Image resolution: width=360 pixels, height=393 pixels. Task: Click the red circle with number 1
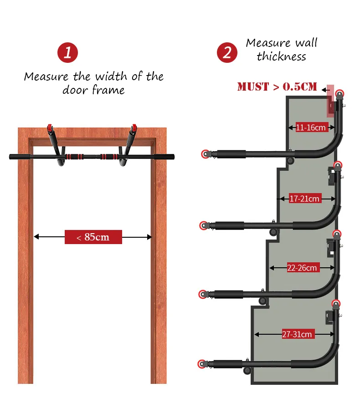[67, 52]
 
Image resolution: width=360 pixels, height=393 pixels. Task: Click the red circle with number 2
[227, 52]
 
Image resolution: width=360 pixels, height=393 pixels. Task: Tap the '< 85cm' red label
[93, 237]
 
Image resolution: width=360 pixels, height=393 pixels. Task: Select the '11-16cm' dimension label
[311, 128]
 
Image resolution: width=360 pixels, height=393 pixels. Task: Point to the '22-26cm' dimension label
[302, 268]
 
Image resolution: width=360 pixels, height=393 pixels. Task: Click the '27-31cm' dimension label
[297, 334]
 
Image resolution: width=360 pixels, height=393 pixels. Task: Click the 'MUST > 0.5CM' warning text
[277, 87]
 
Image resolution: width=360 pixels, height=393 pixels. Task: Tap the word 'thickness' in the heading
[281, 56]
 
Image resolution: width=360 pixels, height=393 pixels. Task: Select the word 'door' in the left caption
[75, 90]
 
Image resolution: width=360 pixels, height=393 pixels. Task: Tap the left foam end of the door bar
[21, 157]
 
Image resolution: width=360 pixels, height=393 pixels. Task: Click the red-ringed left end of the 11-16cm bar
[206, 154]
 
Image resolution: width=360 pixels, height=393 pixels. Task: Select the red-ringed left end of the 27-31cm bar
[201, 364]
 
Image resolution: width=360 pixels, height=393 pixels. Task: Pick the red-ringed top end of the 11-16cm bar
[339, 94]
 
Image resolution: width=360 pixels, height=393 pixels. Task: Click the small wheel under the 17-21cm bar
[273, 232]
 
